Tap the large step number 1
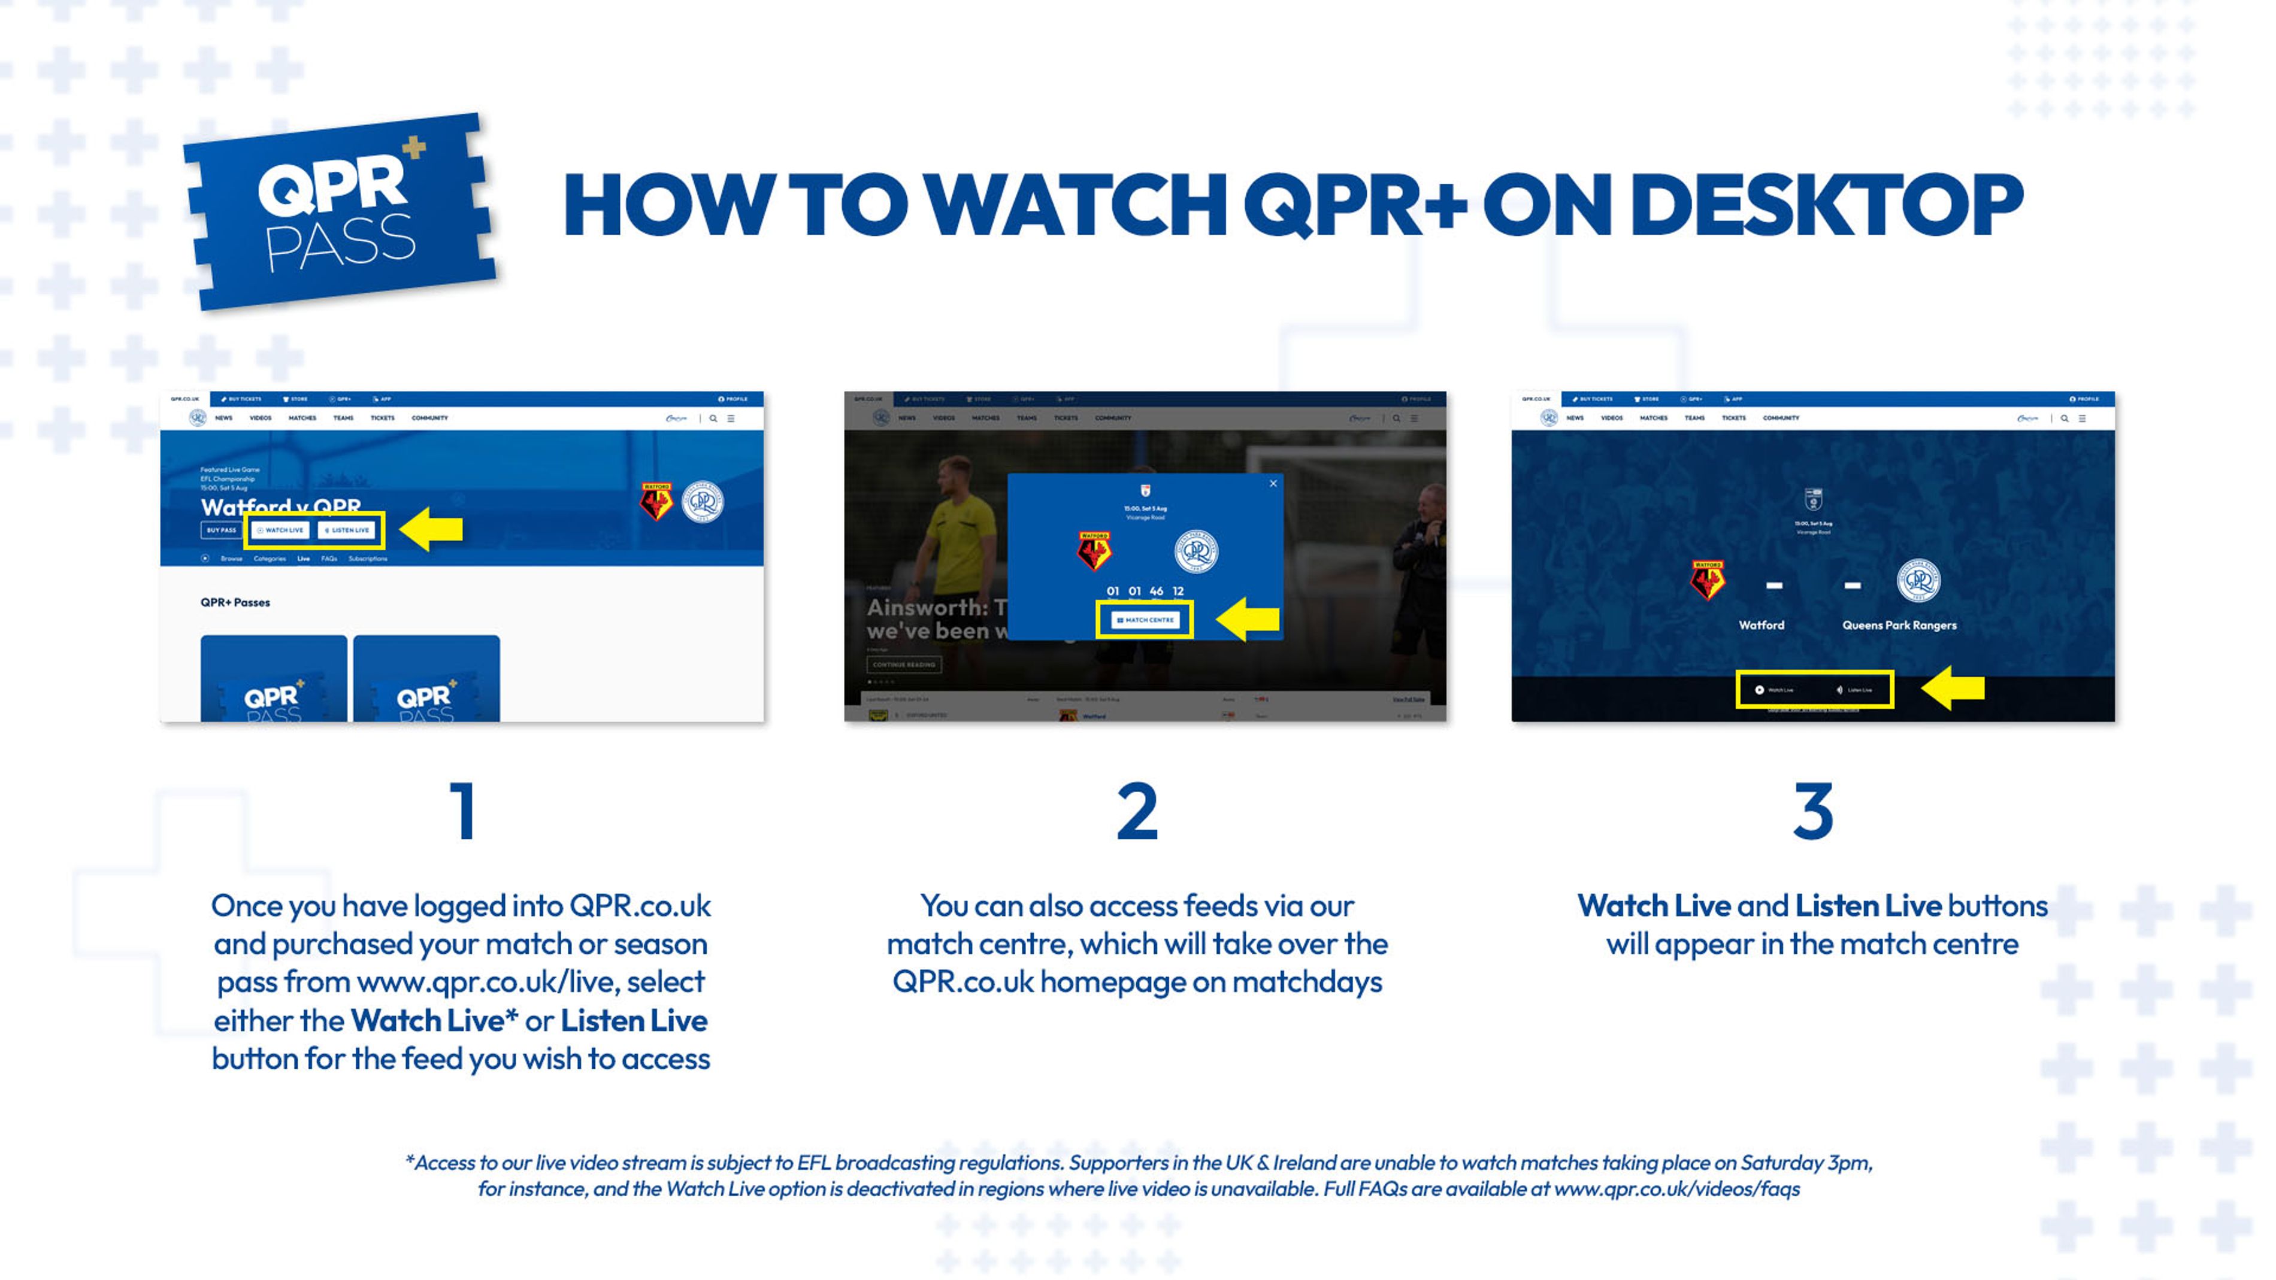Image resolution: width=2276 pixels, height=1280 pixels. click(463, 811)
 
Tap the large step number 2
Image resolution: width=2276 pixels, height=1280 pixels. click(1137, 811)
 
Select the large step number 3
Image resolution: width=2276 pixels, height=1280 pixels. click(1813, 811)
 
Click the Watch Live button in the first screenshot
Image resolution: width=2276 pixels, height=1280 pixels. click(280, 530)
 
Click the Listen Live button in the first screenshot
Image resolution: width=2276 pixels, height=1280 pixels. click(347, 530)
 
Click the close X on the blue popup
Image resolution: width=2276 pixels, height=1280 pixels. click(1273, 483)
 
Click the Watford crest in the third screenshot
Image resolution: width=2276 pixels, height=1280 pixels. click(1707, 580)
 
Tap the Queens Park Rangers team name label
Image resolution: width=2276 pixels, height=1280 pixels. click(1899, 626)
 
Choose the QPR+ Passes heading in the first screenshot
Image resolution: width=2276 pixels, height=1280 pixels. click(235, 602)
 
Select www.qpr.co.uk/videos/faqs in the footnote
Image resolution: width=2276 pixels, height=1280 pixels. click(1676, 1189)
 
